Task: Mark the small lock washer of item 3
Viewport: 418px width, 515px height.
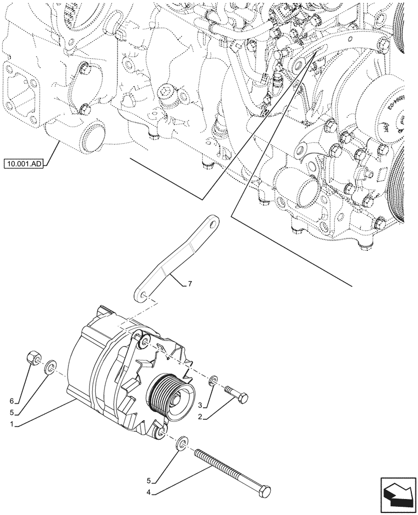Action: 214,381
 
